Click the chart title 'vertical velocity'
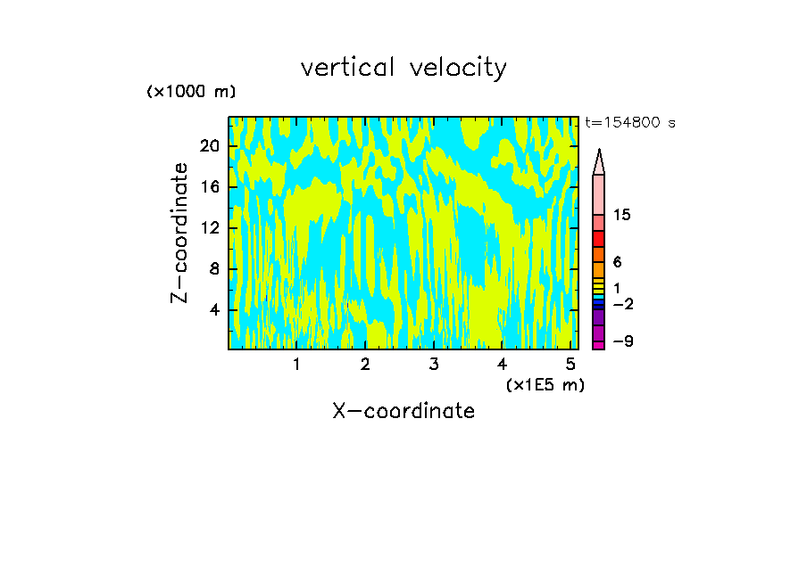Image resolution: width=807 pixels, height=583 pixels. click(403, 68)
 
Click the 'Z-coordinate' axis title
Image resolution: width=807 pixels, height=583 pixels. click(181, 233)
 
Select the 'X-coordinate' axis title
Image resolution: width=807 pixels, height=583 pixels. click(403, 411)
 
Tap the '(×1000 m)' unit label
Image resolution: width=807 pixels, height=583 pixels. click(191, 92)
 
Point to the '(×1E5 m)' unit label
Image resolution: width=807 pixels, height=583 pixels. click(545, 385)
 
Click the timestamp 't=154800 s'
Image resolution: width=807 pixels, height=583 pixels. click(629, 123)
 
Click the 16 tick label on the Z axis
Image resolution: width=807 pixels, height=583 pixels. click(209, 186)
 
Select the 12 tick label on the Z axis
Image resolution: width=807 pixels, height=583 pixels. click(209, 227)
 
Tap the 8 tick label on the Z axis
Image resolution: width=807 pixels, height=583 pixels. click(214, 268)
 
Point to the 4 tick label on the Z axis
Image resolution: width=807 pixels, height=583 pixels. click(214, 309)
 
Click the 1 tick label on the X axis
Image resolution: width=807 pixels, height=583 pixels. click(296, 364)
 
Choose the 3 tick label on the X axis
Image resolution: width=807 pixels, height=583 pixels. click(434, 364)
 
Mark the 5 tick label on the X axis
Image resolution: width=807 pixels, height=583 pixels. click(570, 364)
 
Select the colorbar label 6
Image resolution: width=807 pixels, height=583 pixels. click(617, 262)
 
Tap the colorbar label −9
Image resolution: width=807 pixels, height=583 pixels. click(622, 341)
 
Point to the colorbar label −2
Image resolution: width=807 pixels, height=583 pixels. click(622, 304)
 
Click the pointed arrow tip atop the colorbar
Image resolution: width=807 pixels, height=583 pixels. click(599, 153)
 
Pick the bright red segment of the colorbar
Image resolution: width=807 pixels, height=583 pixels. click(598, 239)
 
